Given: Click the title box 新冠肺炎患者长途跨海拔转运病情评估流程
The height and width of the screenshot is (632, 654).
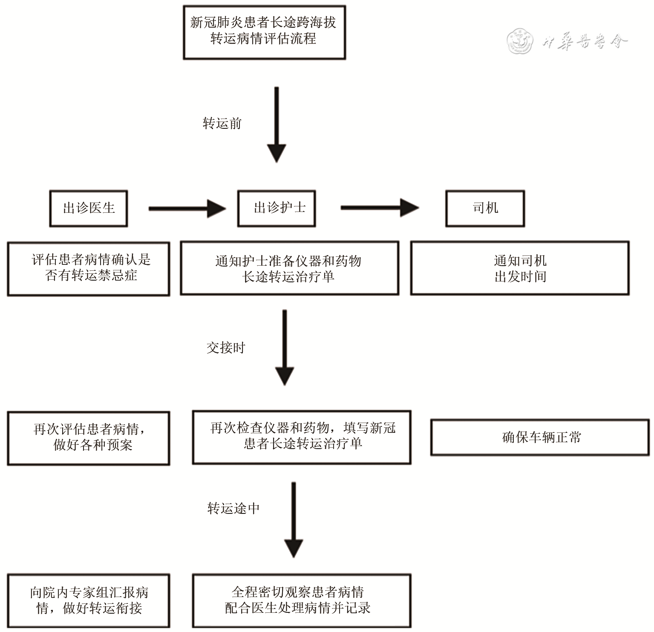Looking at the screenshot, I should (264, 32).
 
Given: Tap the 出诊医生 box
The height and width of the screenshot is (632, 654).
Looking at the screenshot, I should (89, 208).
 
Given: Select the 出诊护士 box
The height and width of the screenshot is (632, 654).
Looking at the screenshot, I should (277, 208).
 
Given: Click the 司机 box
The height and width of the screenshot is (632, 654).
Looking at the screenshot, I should (485, 208).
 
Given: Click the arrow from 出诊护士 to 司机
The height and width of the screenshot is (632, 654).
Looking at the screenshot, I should (379, 208).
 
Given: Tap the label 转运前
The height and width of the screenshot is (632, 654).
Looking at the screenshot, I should (222, 124).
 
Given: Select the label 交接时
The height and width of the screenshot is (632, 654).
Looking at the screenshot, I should (226, 348).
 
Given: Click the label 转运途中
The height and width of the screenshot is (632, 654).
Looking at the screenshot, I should (233, 508).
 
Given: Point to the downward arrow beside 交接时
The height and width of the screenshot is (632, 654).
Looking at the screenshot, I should (285, 348).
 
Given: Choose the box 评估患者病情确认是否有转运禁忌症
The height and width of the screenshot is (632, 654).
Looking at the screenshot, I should (89, 269).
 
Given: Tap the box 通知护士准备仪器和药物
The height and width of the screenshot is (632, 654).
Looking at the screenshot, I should (289, 268).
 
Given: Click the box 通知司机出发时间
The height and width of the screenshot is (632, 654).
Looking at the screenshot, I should (520, 268).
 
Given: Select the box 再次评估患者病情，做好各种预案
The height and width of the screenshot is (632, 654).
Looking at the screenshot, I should (89, 438).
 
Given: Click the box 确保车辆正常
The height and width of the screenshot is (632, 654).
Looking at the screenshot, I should (540, 438).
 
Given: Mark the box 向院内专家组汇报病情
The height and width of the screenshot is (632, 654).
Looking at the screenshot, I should (89, 600).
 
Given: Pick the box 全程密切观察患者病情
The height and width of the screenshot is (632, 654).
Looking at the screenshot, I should (302, 600).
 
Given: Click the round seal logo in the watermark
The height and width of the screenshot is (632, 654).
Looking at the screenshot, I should (520, 41).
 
